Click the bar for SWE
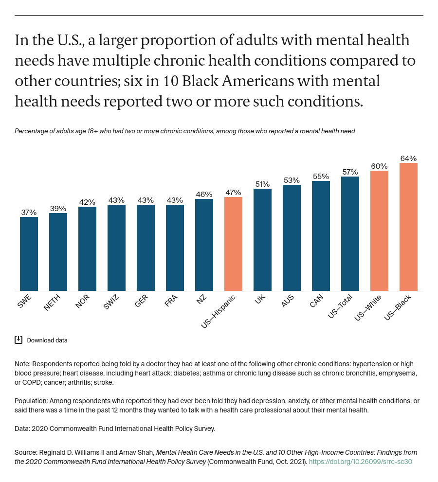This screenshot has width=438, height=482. click(x=29, y=254)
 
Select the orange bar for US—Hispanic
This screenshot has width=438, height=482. click(x=233, y=244)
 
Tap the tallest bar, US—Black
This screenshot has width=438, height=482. click(x=408, y=227)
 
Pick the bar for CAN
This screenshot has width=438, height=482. click(x=321, y=236)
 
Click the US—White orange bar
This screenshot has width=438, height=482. click(x=379, y=231)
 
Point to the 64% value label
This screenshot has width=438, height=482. click(x=408, y=159)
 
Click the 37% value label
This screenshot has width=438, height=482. click(x=29, y=213)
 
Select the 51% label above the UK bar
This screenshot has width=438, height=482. click(x=262, y=184)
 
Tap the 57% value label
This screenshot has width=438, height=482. click(x=350, y=172)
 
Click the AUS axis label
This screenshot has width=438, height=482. click(x=288, y=302)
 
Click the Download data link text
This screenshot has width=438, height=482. click(x=47, y=340)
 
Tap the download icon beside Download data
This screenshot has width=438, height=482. click(x=18, y=340)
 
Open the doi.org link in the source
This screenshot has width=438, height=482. click(x=360, y=462)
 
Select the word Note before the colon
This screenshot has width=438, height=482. click(x=22, y=364)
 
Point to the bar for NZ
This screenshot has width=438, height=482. click(x=204, y=245)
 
